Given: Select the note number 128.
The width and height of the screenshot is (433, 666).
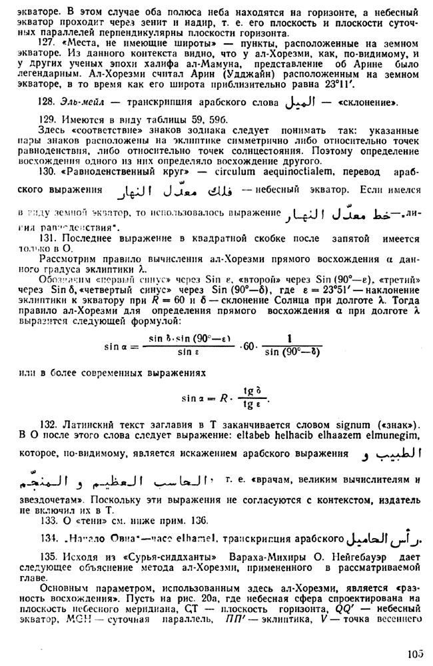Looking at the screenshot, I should [47, 104].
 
